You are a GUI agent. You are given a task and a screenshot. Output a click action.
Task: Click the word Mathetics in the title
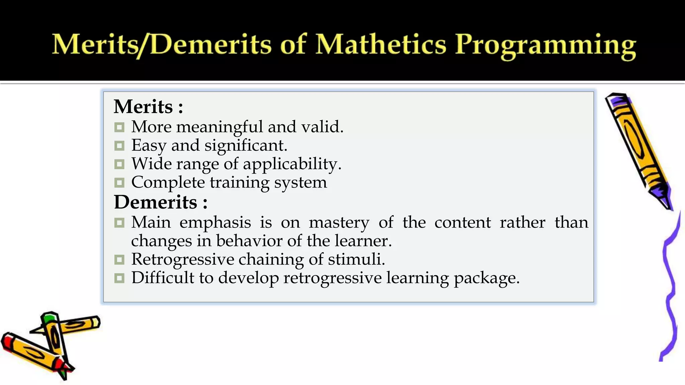click(x=381, y=44)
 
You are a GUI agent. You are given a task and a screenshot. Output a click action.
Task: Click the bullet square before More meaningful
click(x=119, y=127)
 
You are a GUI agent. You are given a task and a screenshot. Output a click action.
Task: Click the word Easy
click(x=149, y=146)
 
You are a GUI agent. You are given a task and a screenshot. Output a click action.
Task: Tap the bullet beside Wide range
click(x=119, y=164)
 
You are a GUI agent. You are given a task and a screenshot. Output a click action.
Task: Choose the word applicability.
click(x=292, y=164)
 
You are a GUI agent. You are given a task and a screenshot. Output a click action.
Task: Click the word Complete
click(x=168, y=182)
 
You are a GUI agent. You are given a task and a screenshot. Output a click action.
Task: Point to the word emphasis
click(x=215, y=223)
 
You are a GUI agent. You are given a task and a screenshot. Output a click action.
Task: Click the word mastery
click(x=339, y=223)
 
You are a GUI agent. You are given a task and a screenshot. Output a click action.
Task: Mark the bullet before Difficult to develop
click(x=119, y=278)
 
